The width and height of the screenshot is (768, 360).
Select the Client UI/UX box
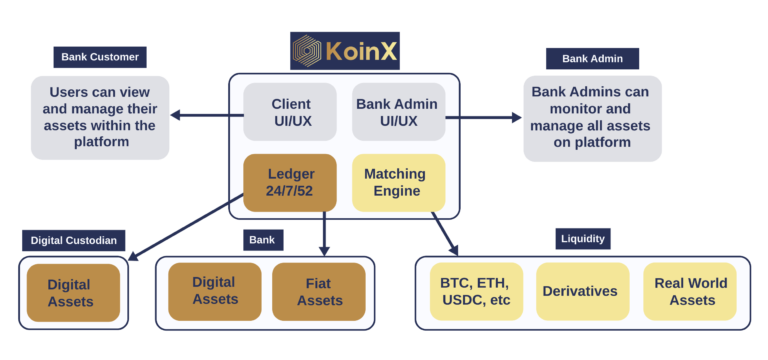[290, 112]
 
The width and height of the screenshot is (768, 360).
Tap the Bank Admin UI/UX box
[398, 112]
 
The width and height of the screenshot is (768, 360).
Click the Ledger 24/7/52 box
[290, 182]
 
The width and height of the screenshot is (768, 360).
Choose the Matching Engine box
[398, 182]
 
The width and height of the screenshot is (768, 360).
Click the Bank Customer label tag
[100, 57]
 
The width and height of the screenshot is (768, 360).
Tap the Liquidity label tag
[583, 239]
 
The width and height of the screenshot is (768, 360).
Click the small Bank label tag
[264, 240]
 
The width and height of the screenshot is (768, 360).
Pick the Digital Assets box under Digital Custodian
[73, 293]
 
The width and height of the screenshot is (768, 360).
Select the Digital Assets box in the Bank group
[215, 291]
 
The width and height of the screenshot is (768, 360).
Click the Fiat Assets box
[319, 291]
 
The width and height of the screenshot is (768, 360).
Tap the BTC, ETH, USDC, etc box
[476, 291]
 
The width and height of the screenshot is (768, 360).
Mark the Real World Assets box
[691, 291]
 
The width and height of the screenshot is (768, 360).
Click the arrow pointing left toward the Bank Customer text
[200, 116]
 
